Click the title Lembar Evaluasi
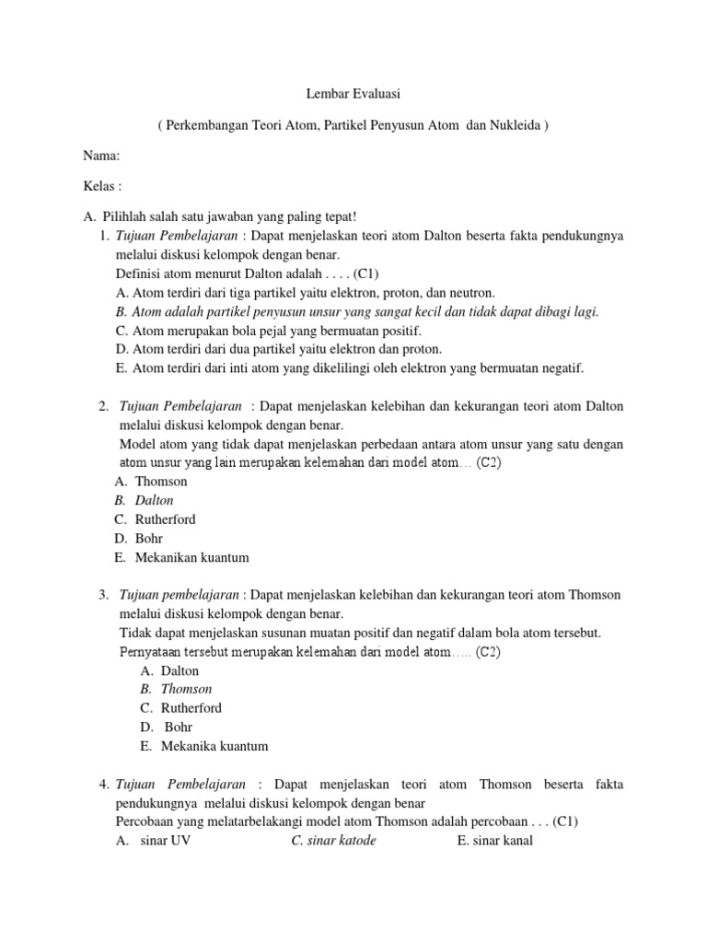[x=353, y=94]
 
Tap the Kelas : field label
[x=102, y=186]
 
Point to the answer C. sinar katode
[x=333, y=841]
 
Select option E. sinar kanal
[x=494, y=841]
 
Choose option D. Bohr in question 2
[x=144, y=538]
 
